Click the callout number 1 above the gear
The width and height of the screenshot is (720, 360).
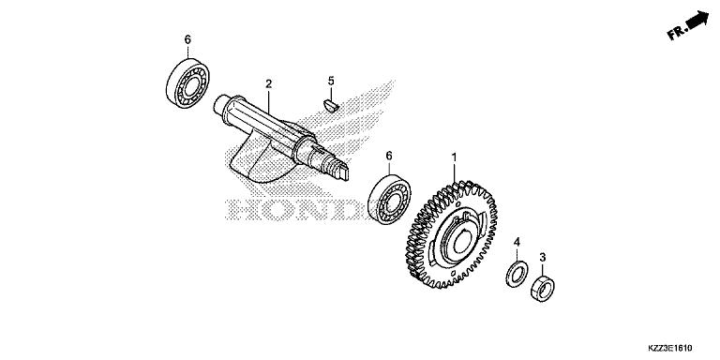[x=455, y=157]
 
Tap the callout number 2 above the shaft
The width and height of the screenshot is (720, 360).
[x=268, y=83]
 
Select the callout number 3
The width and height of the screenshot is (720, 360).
[x=545, y=255]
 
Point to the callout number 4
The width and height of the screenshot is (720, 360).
[x=517, y=243]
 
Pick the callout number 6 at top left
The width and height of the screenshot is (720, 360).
[x=187, y=39]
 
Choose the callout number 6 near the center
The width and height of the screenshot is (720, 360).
[x=388, y=157]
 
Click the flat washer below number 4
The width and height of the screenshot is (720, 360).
[x=515, y=274]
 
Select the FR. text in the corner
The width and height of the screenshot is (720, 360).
[x=676, y=33]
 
